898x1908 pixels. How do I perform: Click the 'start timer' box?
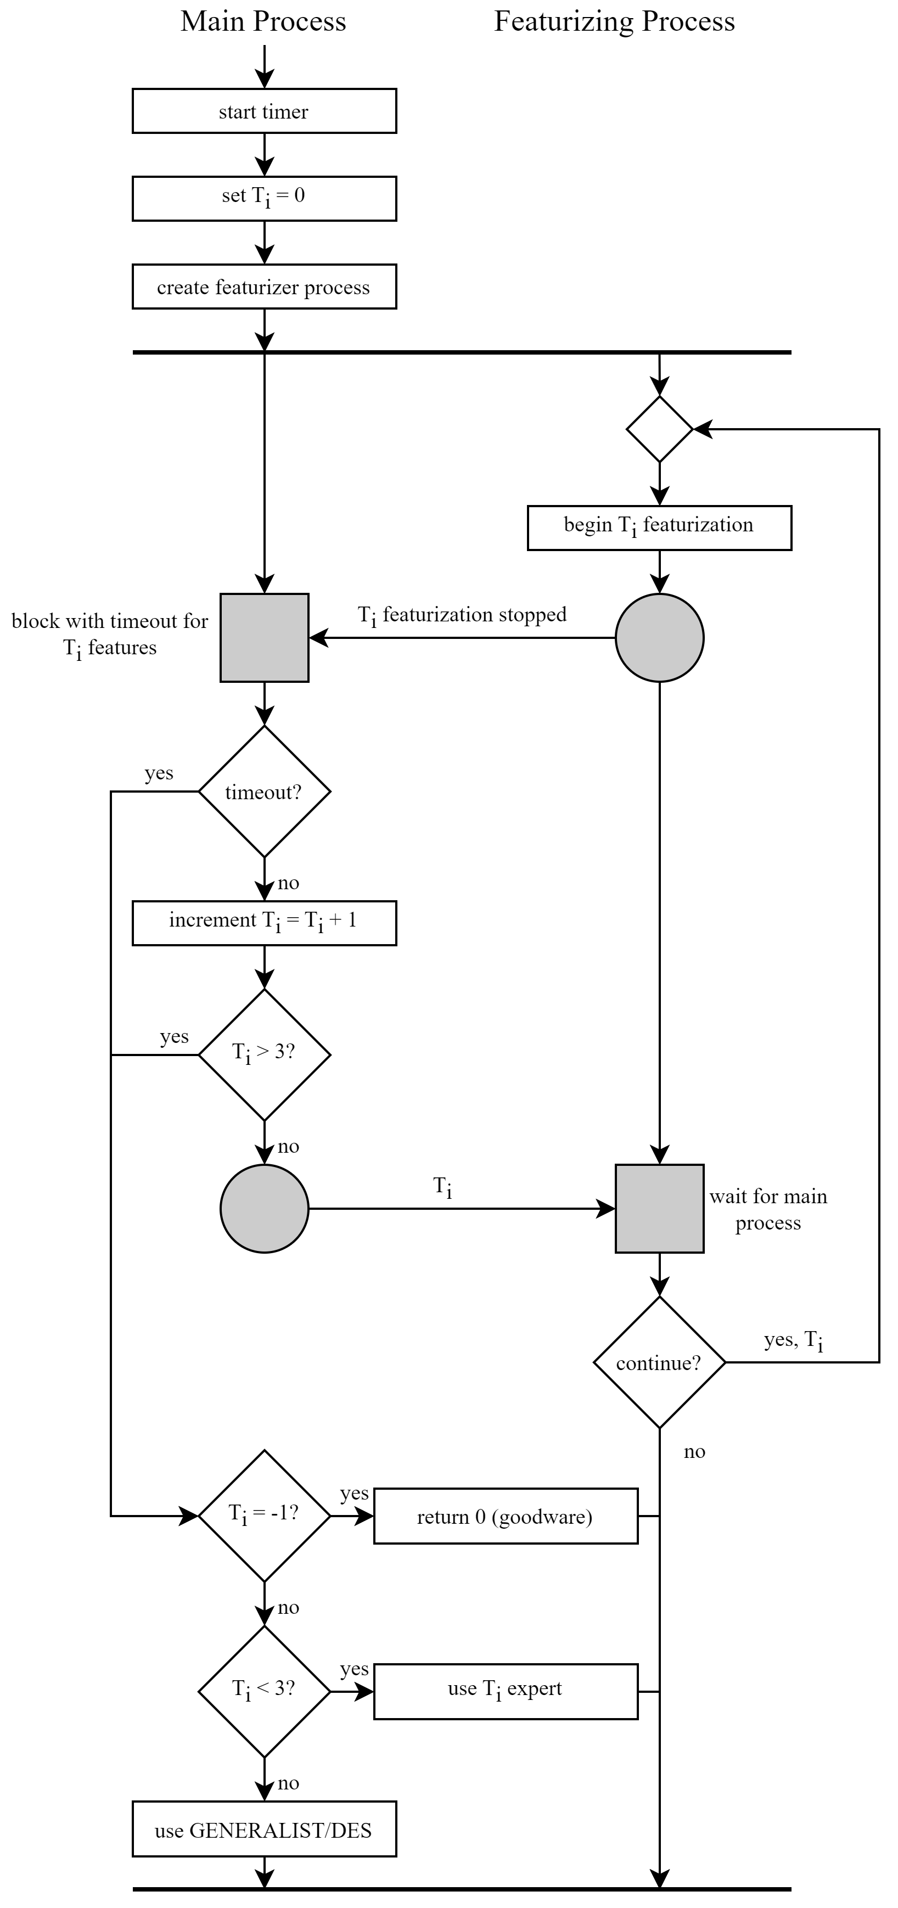(264, 111)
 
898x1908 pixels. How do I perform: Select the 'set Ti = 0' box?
(264, 199)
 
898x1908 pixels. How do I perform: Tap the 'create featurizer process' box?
(264, 287)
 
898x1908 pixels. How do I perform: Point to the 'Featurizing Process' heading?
(614, 21)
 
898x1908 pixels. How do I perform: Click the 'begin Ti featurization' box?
(659, 527)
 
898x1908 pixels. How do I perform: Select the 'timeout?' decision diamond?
(264, 792)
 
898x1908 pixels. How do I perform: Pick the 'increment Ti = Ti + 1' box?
(264, 923)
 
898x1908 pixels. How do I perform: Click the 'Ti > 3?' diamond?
(264, 1055)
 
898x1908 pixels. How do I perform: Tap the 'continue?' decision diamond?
(659, 1363)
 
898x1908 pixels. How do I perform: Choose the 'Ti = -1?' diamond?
(264, 1516)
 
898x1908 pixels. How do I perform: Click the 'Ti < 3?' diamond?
(264, 1692)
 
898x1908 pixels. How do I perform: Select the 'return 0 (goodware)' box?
(506, 1516)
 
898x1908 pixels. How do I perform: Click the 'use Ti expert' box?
(506, 1692)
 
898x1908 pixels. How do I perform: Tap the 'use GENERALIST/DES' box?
(264, 1830)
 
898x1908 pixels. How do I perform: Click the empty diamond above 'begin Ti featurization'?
(659, 429)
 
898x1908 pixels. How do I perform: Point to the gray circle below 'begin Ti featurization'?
(659, 637)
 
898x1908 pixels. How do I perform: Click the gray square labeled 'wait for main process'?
(659, 1209)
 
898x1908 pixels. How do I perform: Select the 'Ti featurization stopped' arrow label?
(462, 615)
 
